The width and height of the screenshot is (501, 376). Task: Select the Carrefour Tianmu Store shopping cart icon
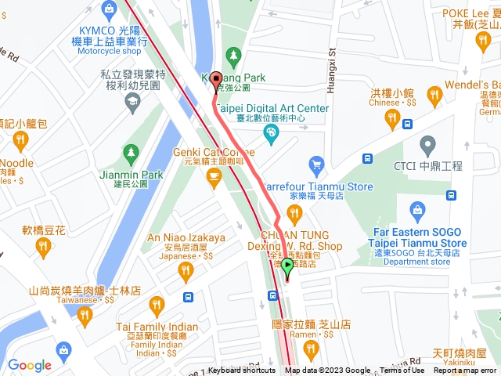[316, 164]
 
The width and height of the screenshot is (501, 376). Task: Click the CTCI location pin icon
[427, 145]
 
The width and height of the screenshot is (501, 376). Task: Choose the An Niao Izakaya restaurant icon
[186, 272]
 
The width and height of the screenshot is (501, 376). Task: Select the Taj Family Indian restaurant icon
[157, 305]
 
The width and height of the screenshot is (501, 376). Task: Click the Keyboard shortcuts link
[242, 371]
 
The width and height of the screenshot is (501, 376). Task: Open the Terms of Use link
[402, 371]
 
